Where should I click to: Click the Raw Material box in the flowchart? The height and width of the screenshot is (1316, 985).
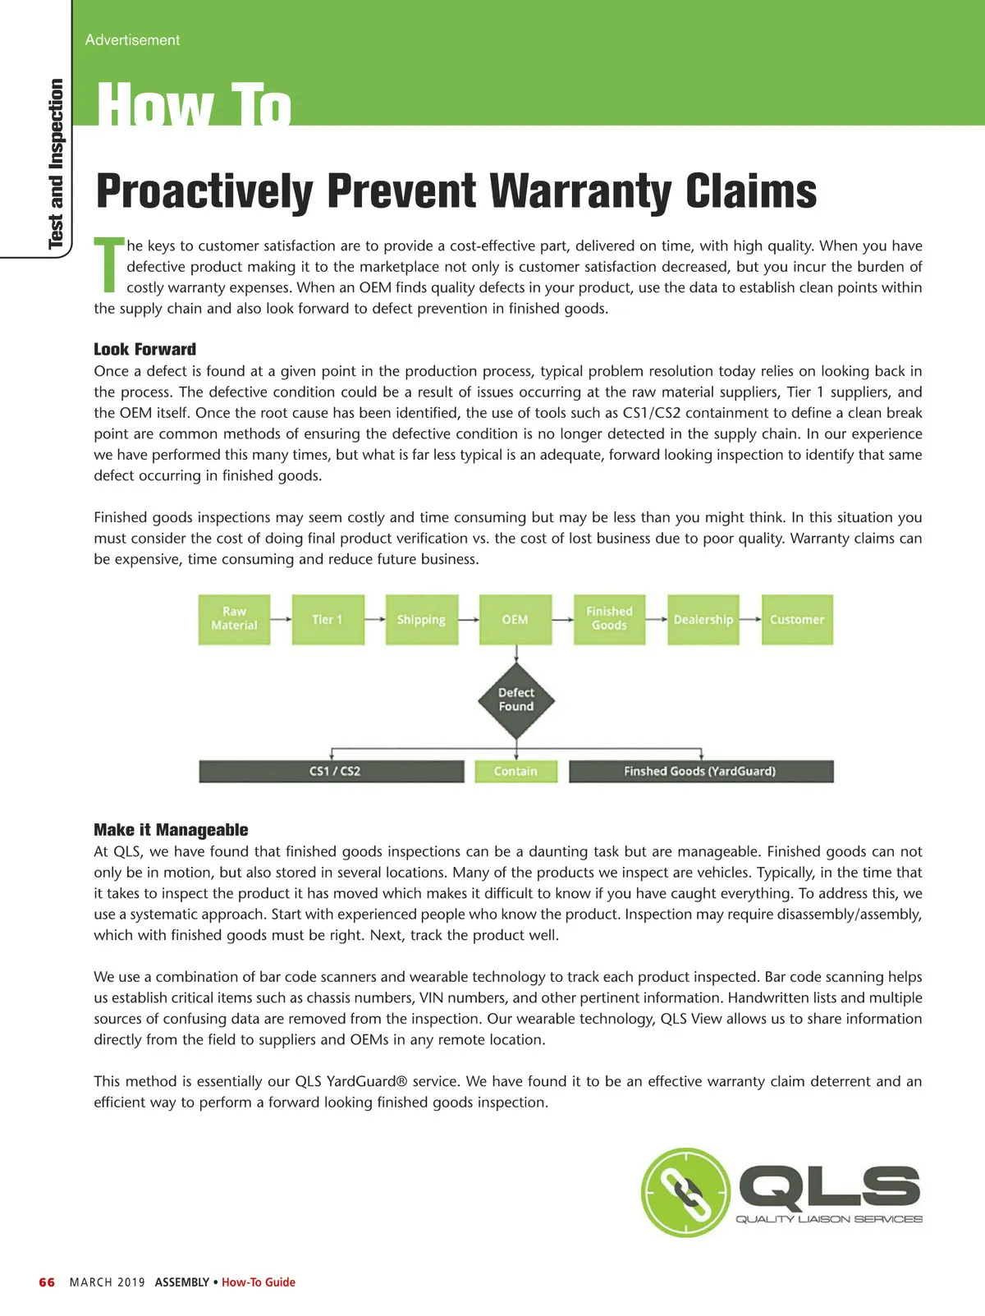pos(234,619)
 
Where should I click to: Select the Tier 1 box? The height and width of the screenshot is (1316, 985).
pos(328,619)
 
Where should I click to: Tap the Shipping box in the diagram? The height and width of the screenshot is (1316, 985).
pos(421,619)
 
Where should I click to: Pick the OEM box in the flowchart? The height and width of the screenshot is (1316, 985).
pos(515,619)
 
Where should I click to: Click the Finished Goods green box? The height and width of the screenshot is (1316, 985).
pos(609,619)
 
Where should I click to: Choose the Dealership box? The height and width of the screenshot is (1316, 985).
pos(703,619)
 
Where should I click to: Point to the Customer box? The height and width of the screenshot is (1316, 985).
pos(796,619)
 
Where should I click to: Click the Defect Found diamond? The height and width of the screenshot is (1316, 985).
pos(515,700)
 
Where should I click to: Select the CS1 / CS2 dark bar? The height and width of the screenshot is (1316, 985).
pos(332,771)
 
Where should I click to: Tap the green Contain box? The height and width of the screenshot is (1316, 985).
pos(515,771)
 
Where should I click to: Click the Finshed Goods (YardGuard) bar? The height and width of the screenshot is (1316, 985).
pos(700,771)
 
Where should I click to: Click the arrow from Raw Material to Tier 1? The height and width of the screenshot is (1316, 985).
pos(281,619)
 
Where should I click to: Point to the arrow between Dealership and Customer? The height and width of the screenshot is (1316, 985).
pos(749,619)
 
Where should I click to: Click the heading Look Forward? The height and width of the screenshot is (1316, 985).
pos(144,349)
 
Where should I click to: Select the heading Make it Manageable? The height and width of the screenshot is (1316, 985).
pos(171,829)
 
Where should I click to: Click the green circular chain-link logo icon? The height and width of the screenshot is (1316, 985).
pos(685,1192)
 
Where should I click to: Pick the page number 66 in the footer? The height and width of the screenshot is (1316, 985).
pos(47,1282)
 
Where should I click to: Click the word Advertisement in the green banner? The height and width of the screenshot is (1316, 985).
pos(132,39)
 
